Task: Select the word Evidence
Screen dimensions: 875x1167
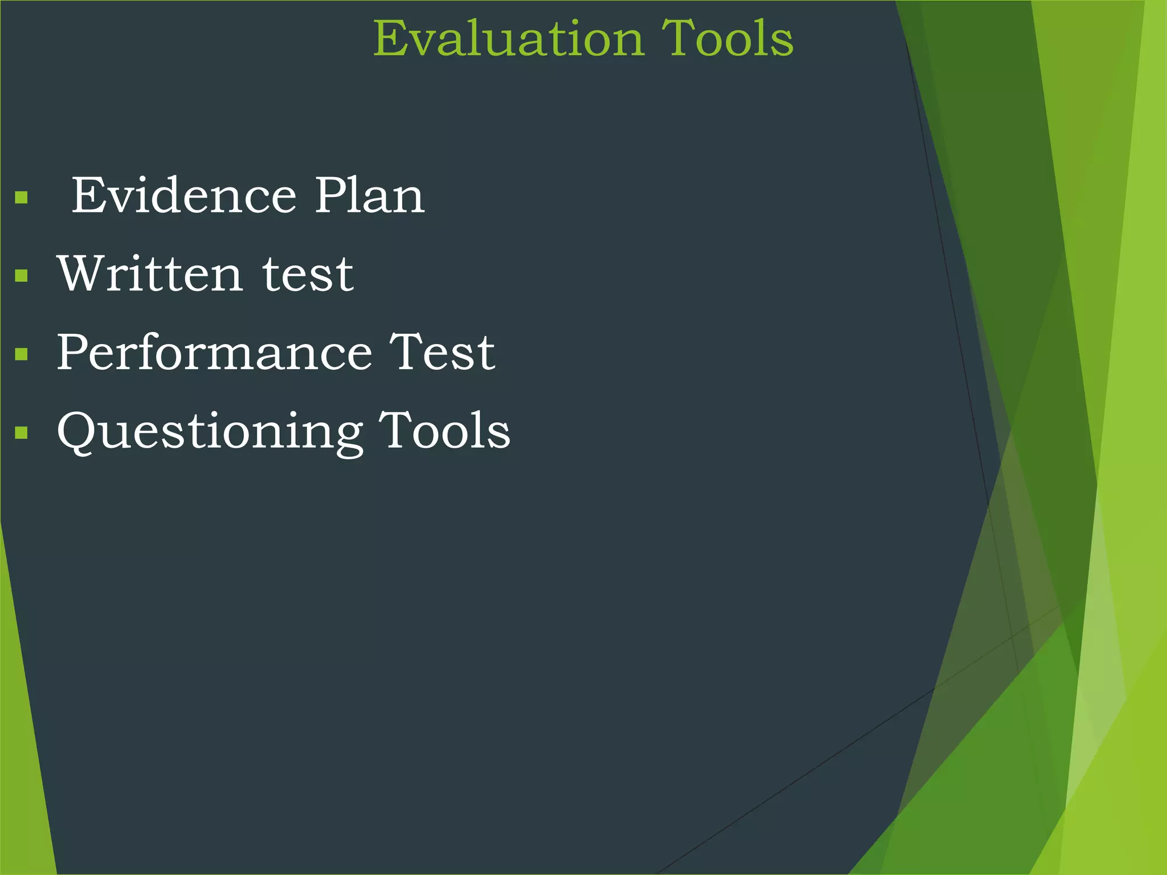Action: coord(183,196)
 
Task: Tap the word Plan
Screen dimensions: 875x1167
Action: coord(370,196)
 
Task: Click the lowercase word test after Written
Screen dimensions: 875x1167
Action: coord(308,275)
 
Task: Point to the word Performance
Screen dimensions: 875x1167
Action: coord(214,353)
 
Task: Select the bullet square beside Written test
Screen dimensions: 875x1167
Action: coord(22,276)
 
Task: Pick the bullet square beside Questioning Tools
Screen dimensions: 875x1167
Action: coord(22,433)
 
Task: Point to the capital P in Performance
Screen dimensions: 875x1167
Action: coord(73,353)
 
